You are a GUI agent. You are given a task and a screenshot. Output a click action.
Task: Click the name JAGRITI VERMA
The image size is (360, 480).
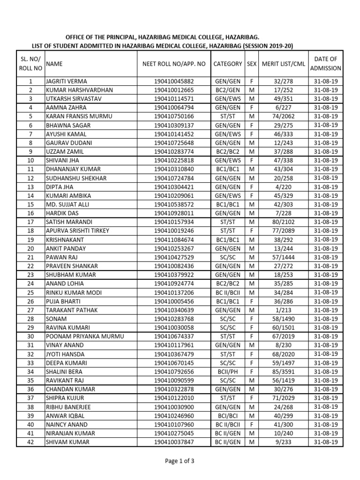coord(66,81)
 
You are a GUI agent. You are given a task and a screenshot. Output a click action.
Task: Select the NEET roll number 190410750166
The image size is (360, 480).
coord(173,116)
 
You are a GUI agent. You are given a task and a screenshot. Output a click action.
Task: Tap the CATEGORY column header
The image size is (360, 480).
coord(227,64)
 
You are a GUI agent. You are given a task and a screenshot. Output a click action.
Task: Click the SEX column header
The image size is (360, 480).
coord(252,64)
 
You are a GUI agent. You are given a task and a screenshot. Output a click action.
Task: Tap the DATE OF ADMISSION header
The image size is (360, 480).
coord(325,64)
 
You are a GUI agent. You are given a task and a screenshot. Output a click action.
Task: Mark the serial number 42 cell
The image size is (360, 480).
coord(30,442)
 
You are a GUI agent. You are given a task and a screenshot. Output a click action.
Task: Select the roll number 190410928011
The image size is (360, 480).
coord(173,213)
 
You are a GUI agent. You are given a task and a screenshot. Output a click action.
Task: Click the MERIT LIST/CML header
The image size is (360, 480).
coord(283,64)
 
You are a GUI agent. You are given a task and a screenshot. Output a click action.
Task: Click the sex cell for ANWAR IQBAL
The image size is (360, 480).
coord(252,415)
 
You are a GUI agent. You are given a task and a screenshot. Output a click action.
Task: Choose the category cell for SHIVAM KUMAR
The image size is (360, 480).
coord(227,442)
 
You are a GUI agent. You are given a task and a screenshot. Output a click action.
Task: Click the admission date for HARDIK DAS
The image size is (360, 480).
coord(325,213)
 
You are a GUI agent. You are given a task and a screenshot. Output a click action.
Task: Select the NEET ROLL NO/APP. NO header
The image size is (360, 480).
coord(174,64)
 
